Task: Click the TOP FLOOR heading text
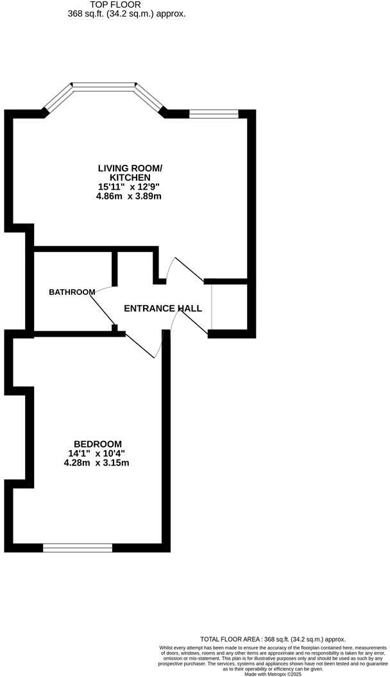coord(126,4)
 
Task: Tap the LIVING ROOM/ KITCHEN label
coord(130,172)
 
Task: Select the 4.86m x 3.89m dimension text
coord(128,196)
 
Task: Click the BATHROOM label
coord(72,292)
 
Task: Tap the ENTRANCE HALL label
coord(163,308)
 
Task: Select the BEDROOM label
coord(97,444)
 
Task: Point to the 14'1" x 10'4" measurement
coord(97,453)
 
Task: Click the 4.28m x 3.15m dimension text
coord(97,462)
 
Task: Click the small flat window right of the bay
coord(214,114)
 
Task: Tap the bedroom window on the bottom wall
coord(78,547)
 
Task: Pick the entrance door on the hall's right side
coord(210,307)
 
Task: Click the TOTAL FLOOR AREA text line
coord(273,639)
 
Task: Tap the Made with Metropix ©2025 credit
coord(273,674)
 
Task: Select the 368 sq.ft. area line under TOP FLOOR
coord(126,13)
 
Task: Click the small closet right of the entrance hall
coord(229,307)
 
